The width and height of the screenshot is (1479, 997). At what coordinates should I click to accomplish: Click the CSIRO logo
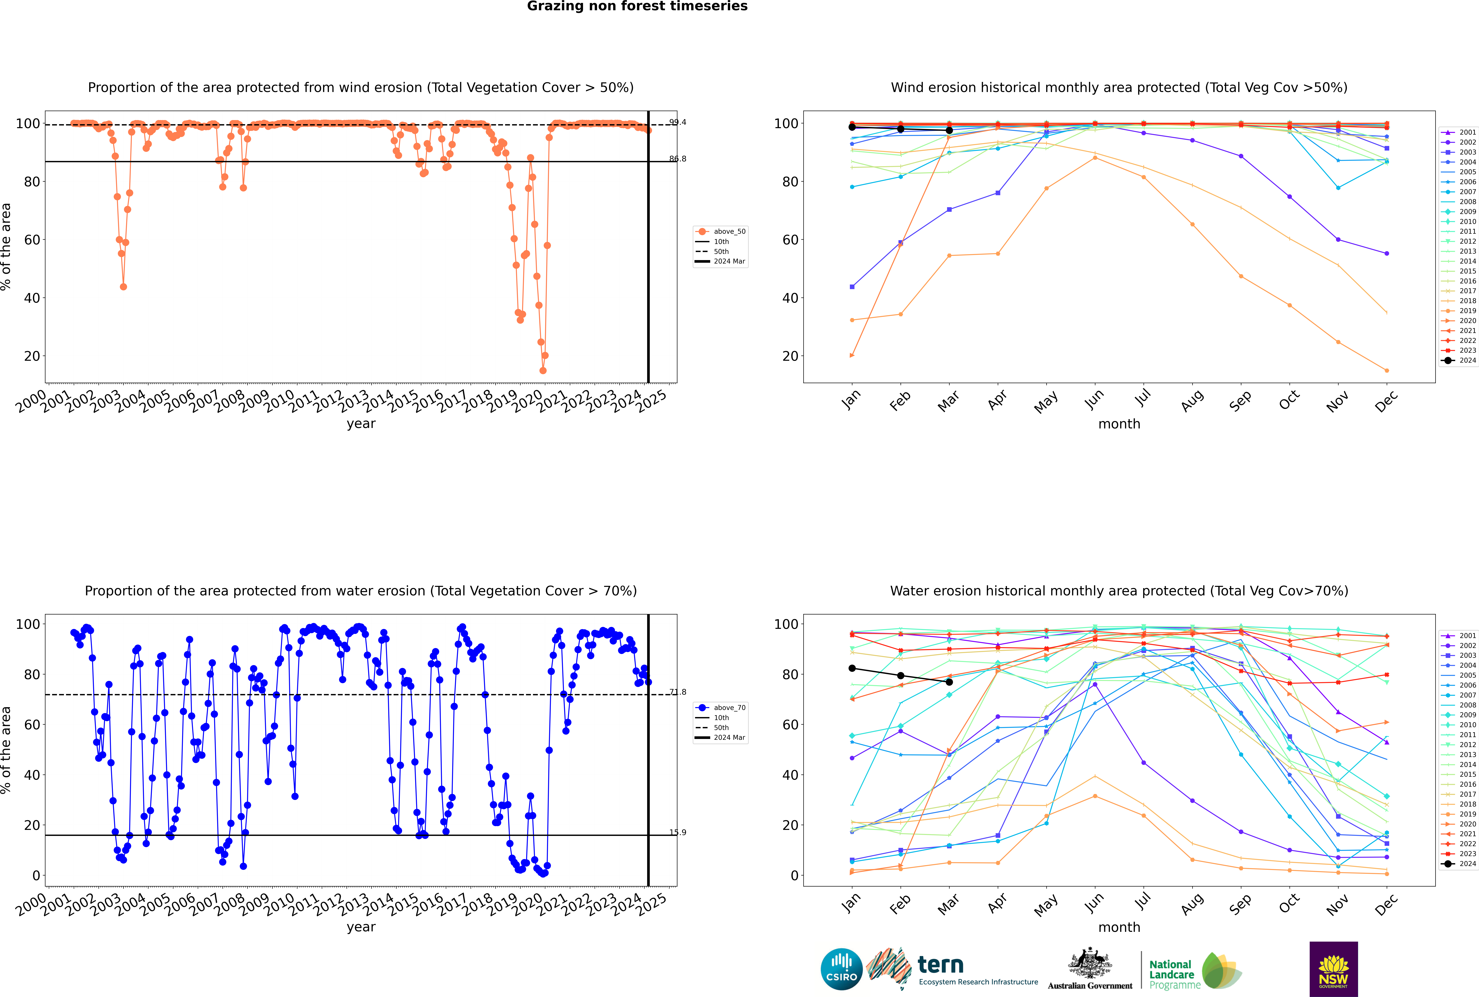tap(841, 969)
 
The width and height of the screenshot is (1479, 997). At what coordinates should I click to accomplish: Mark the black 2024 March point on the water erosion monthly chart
tap(949, 682)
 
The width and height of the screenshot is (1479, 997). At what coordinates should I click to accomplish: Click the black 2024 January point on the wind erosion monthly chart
tap(852, 127)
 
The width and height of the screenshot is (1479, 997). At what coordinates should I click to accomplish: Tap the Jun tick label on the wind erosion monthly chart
tap(1094, 399)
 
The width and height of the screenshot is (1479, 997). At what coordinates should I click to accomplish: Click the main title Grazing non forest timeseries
tap(637, 6)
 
